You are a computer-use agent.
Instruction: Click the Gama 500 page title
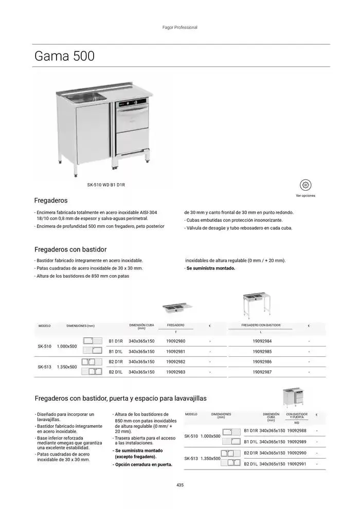coord(64,56)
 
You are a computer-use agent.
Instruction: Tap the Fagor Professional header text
coord(179,28)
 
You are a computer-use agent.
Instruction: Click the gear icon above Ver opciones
coord(305,185)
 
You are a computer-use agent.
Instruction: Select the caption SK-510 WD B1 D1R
coord(106,184)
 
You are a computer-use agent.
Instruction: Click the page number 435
coord(179,485)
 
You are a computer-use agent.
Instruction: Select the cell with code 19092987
coord(262,372)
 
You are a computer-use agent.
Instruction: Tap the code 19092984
coord(262,341)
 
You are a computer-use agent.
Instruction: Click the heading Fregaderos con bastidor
coord(70,249)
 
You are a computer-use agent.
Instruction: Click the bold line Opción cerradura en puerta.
coord(143,464)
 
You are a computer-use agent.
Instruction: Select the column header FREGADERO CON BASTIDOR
coord(261,325)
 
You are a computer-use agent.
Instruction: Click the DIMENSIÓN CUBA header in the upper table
coord(141,326)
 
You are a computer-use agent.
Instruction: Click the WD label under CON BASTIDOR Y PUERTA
coord(297,423)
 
